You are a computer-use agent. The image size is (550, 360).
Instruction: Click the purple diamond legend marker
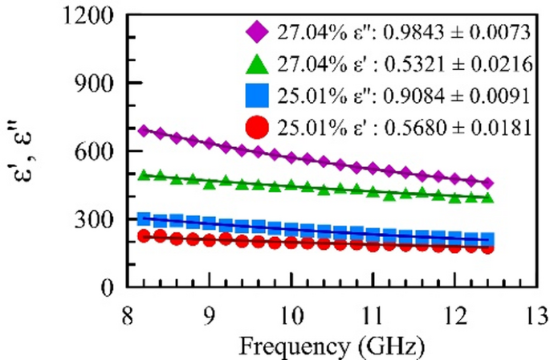pyautogui.click(x=259, y=32)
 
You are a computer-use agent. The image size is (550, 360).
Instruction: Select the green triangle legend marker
pyautogui.click(x=259, y=63)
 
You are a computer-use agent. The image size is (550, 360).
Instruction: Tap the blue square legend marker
pyautogui.click(x=259, y=95)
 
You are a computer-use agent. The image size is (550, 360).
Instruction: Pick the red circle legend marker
pyautogui.click(x=259, y=126)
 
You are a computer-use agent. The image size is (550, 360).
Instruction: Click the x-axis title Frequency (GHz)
pyautogui.click(x=331, y=346)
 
